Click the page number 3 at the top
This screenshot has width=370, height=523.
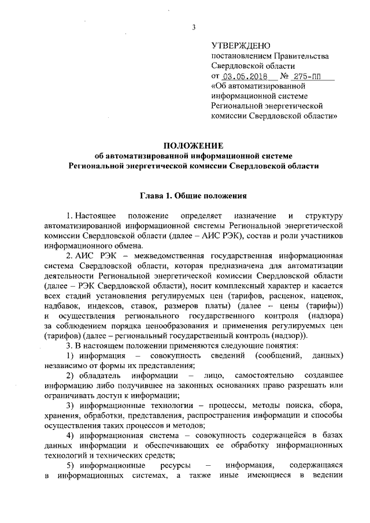[x=194, y=27]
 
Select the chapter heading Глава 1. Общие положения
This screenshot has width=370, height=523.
[x=194, y=195]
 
